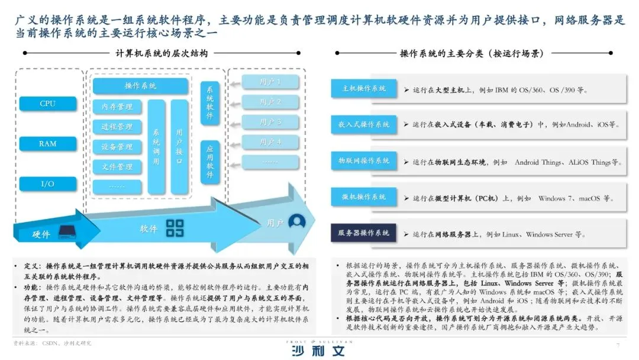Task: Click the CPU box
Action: [x=48, y=104]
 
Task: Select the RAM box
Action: [x=48, y=144]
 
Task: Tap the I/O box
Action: [x=48, y=184]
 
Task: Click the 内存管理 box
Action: [x=117, y=107]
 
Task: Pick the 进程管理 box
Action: [x=117, y=127]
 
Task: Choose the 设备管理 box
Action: [x=117, y=147]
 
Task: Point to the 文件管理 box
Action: [x=117, y=167]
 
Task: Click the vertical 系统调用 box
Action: [x=156, y=147]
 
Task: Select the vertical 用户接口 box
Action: [x=179, y=147]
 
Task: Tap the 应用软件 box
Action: [x=210, y=162]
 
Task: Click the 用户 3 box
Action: [x=270, y=123]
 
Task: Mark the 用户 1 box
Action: [x=270, y=82]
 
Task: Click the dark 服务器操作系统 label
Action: [x=363, y=233]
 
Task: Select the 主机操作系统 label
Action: [x=363, y=88]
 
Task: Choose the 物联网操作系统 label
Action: [x=363, y=161]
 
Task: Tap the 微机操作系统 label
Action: [x=363, y=197]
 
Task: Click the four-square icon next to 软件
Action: [x=175, y=228]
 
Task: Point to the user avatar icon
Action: [x=296, y=222]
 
